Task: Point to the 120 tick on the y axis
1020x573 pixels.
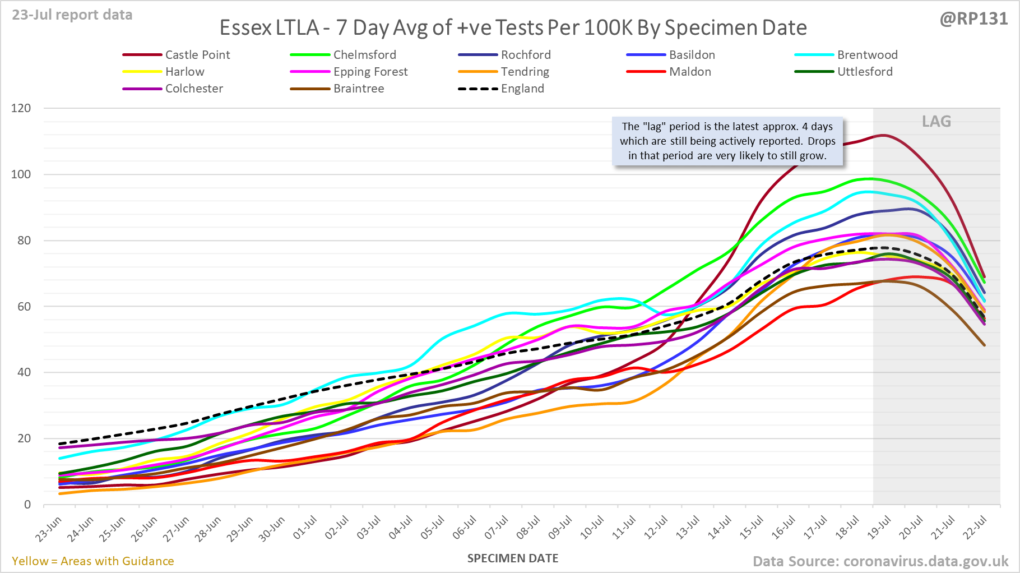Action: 21,108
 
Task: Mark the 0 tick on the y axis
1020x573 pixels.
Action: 27,505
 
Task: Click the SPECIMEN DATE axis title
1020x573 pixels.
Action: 513,558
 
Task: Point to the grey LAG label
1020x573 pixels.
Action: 936,122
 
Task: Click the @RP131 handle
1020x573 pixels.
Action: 973,19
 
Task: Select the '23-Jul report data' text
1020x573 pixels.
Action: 72,15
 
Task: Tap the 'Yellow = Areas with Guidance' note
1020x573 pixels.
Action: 93,561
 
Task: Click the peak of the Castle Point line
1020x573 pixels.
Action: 883,135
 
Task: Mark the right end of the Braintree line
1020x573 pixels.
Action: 984,345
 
